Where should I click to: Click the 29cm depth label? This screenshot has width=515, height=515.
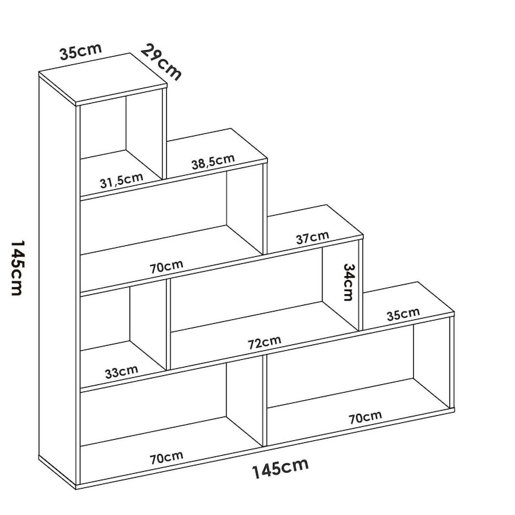[161, 62]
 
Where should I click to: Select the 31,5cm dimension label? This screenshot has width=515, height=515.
[122, 181]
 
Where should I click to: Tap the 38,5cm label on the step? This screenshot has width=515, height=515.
[213, 162]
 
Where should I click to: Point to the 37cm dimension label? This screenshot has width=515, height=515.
[312, 238]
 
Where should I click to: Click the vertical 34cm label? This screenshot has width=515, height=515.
[348, 282]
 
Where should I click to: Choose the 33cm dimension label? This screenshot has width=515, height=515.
[121, 372]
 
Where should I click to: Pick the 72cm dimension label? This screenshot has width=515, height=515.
[265, 342]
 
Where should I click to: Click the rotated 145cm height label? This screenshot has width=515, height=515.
[18, 268]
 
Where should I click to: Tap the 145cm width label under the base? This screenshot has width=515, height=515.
[280, 468]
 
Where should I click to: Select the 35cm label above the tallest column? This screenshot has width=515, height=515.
[81, 51]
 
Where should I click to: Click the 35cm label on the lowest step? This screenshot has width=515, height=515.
[403, 314]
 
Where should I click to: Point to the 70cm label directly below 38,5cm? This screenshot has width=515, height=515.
[167, 267]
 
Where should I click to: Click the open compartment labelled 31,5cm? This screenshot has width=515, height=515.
[121, 144]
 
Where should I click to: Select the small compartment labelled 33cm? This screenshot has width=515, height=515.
[124, 334]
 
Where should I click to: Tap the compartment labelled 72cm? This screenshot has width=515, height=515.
[265, 308]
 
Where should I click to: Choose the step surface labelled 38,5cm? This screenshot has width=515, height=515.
[217, 154]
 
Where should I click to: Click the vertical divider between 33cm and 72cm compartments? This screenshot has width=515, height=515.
[169, 324]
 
